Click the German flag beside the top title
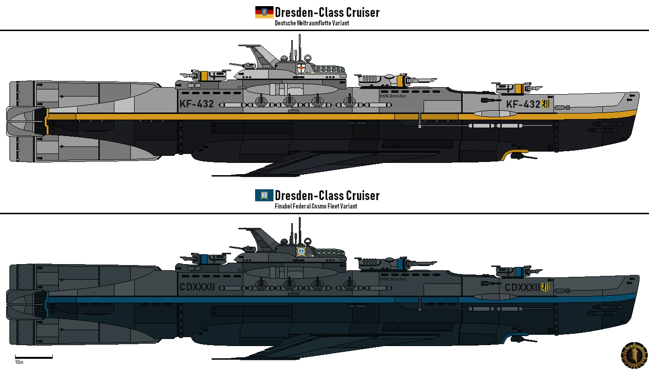[264, 12]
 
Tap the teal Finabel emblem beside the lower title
[264, 195]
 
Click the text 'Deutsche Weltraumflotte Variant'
[312, 23]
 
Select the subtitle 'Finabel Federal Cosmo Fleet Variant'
[315, 206]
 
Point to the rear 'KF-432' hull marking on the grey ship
[197, 104]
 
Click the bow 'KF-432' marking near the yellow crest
[523, 104]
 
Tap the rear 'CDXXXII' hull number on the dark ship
[197, 287]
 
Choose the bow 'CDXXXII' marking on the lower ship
[522, 287]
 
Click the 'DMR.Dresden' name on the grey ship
[393, 96]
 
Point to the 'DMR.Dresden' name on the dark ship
[393, 279]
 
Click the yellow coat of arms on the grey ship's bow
[546, 104]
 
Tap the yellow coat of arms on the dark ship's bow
[546, 287]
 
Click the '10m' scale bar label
[19, 362]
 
